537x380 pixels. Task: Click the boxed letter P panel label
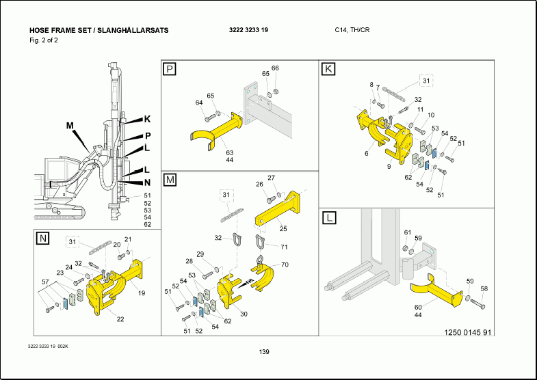click(169, 68)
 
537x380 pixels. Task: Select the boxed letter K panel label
click(329, 68)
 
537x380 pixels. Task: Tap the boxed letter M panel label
click(169, 180)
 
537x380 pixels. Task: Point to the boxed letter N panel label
click(42, 238)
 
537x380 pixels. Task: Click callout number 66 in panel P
click(275, 68)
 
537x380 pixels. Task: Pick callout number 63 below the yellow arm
click(230, 152)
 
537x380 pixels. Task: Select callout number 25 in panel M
click(283, 228)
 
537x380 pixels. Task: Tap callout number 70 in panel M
click(285, 264)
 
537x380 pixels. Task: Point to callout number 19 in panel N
click(142, 293)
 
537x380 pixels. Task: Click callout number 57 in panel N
click(45, 282)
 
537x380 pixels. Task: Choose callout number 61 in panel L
click(408, 232)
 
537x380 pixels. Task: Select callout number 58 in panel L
click(484, 288)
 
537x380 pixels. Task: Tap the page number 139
click(264, 352)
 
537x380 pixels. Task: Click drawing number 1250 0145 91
click(467, 333)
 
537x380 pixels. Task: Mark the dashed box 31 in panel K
click(427, 81)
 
